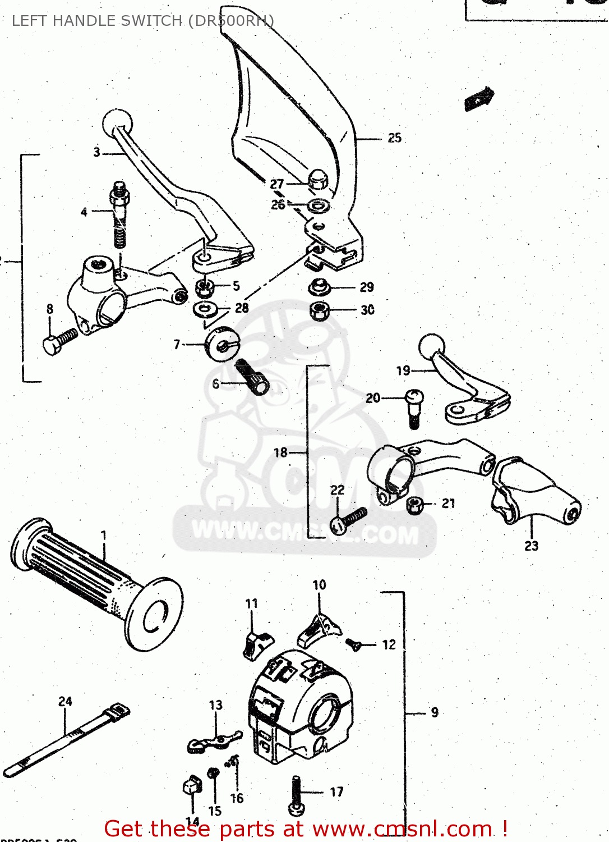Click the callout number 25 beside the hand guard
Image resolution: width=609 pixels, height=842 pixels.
point(395,138)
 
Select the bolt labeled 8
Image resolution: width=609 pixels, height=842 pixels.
point(58,341)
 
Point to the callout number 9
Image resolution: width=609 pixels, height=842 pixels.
point(435,712)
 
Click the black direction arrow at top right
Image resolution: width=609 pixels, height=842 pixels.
point(479,98)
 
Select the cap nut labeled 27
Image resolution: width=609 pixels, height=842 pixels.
point(317,179)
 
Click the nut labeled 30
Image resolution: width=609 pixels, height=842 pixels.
point(319,310)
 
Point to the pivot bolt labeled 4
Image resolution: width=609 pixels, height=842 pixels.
point(119,213)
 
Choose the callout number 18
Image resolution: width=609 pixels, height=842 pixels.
point(280,452)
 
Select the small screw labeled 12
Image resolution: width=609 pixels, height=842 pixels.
point(353,646)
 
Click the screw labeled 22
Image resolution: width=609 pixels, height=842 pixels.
point(348,519)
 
